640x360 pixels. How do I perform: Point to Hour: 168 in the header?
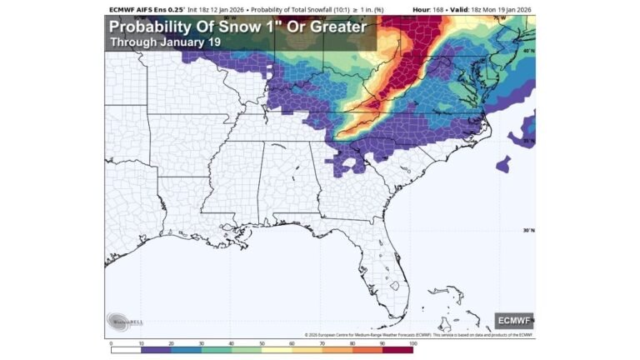[x=429, y=8]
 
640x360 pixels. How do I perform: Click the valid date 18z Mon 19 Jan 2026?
[x=496, y=8]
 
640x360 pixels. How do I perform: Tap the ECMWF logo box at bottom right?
[x=513, y=320]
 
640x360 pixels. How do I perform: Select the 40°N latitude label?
[x=527, y=52]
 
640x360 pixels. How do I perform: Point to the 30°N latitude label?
[x=527, y=231]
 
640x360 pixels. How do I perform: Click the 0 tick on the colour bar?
[x=111, y=342]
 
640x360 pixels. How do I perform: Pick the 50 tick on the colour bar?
[x=262, y=342]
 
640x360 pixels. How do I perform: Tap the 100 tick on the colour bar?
[x=412, y=342]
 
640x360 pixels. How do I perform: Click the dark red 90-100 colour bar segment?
[x=397, y=349]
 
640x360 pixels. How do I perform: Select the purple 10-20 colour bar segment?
[x=156, y=349]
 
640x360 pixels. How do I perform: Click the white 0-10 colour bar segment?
[x=126, y=349]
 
